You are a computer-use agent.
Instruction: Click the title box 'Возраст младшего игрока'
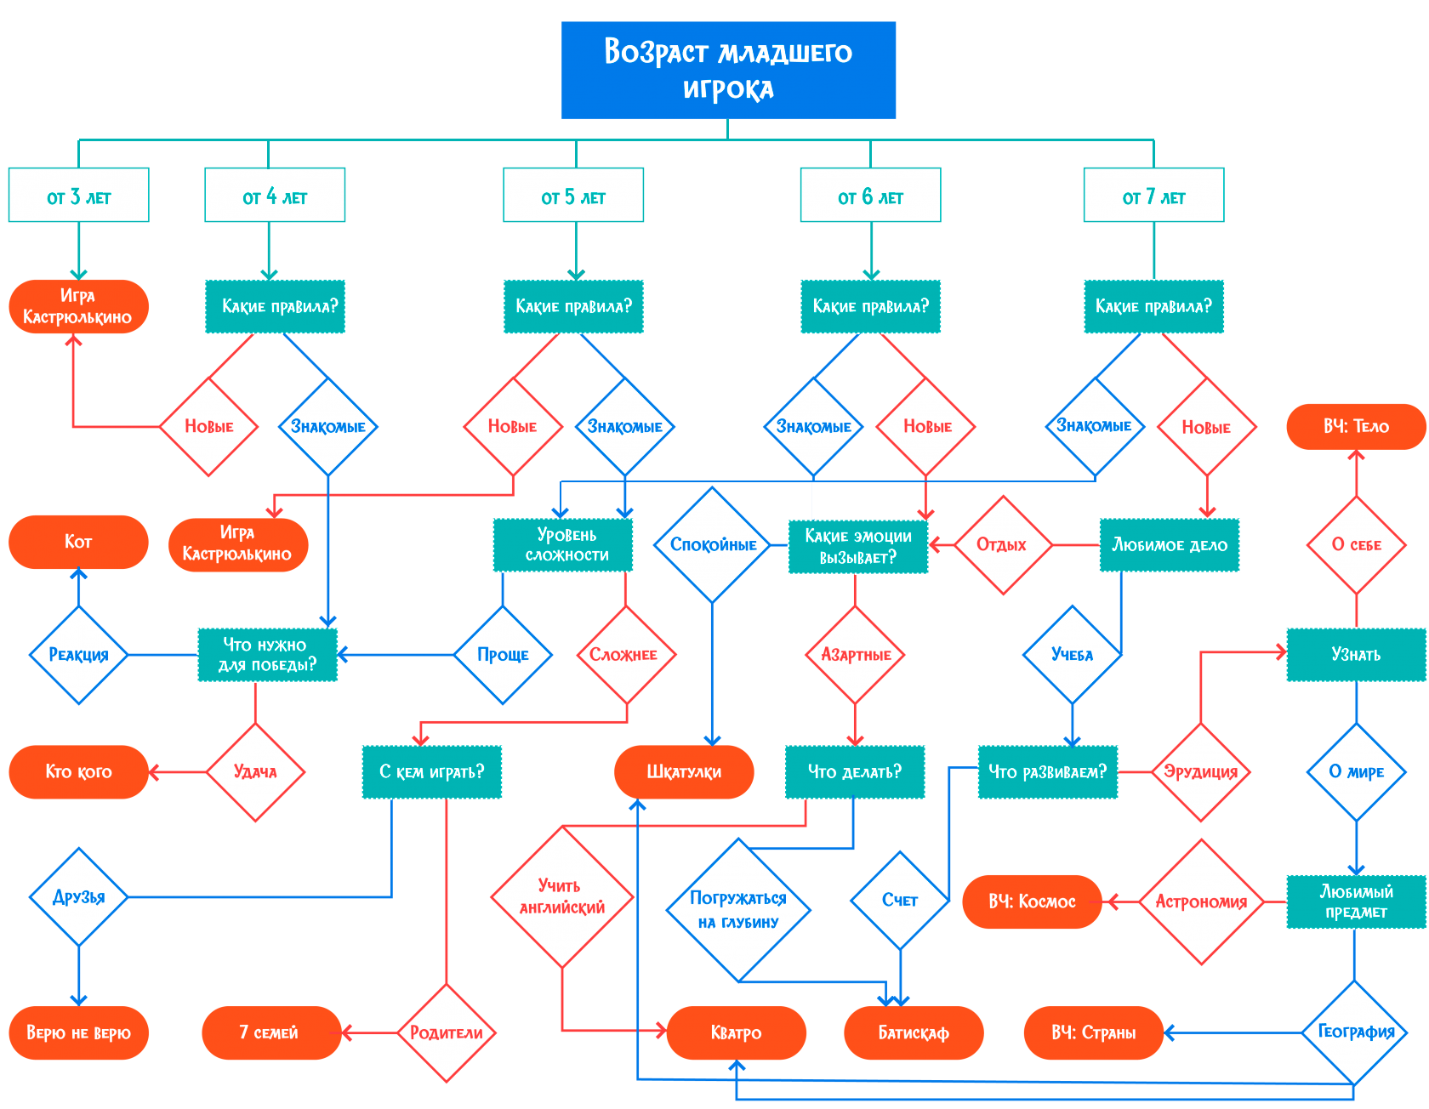point(728,70)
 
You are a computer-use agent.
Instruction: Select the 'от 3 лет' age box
point(78,196)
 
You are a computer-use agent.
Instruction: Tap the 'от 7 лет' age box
point(1153,196)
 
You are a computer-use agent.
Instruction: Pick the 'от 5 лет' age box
point(573,196)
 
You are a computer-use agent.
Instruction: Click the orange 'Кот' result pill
point(78,542)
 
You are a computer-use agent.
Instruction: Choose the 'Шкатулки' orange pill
point(684,772)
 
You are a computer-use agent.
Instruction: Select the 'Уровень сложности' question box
point(563,545)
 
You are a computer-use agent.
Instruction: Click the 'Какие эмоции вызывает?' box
point(857,547)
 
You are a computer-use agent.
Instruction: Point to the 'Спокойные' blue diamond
point(713,545)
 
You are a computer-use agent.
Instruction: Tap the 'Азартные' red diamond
point(856,655)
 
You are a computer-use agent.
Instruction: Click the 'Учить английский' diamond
point(561,897)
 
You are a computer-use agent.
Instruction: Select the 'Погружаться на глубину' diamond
point(738,909)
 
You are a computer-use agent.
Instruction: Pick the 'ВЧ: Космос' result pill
point(1032,901)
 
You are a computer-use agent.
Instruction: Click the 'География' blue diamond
point(1356,1032)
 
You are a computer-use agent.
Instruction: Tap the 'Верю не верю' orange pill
point(78,1033)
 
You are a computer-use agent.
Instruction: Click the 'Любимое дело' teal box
point(1170,545)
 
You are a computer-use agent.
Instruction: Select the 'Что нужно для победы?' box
point(267,655)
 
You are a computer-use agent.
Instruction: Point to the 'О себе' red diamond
point(1356,545)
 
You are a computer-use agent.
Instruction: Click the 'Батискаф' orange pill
point(914,1033)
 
